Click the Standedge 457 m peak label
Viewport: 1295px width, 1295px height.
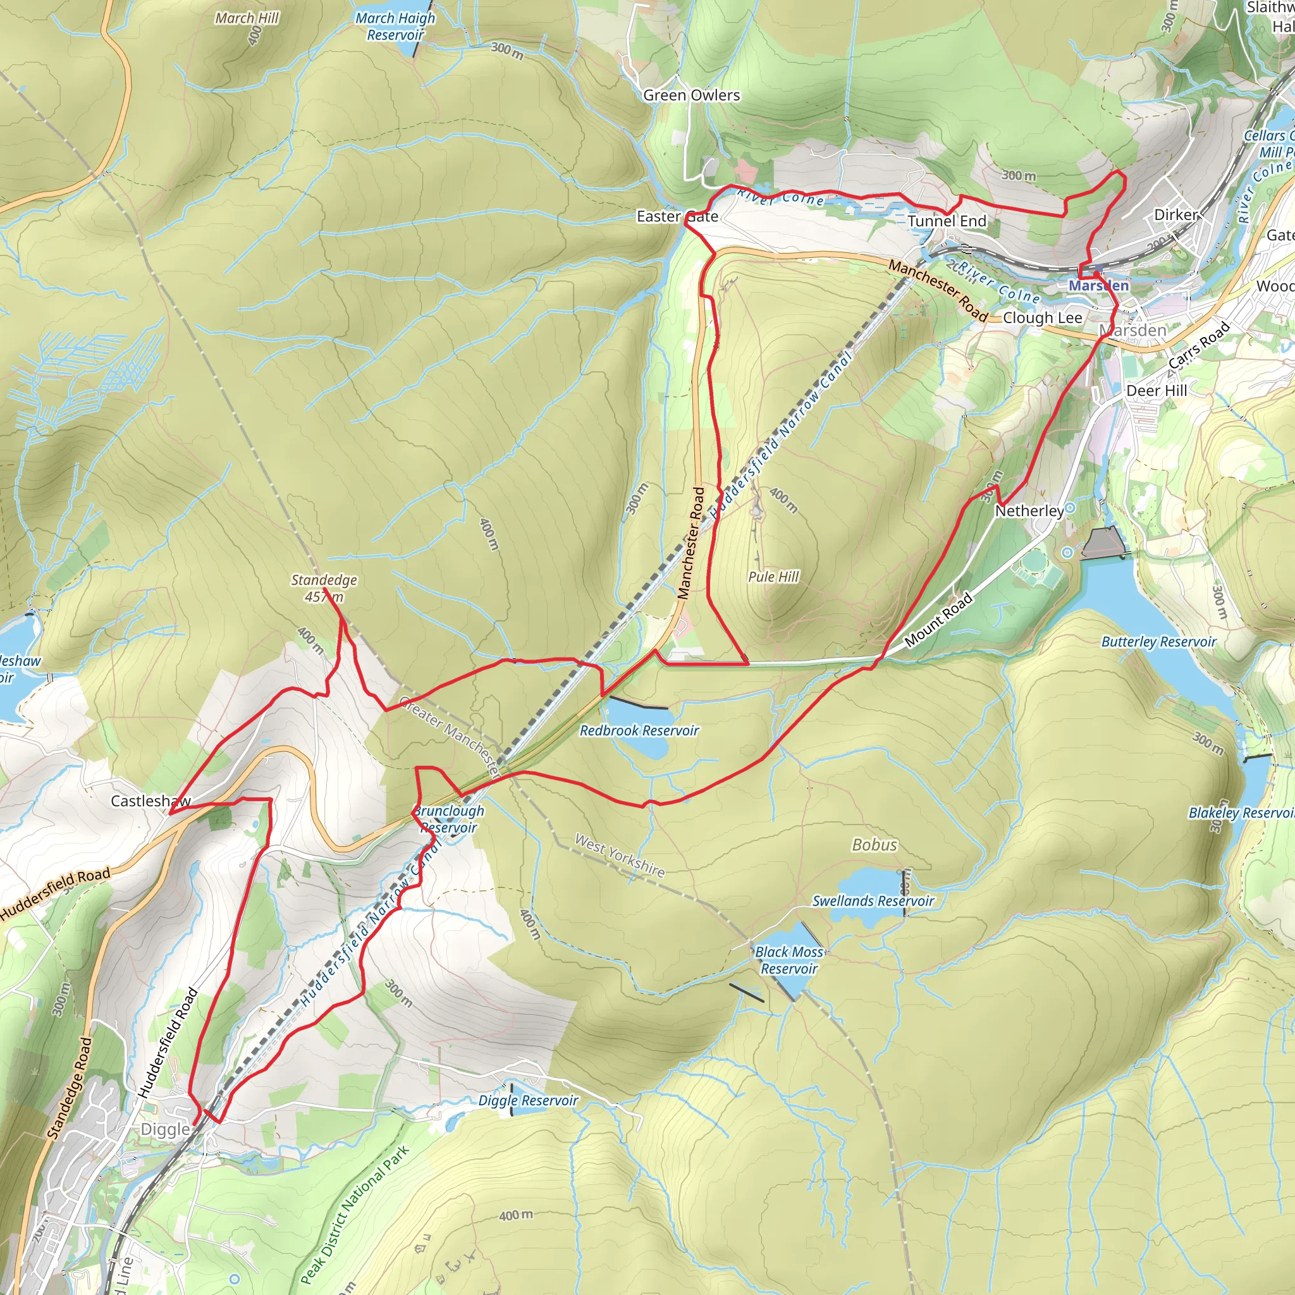[x=324, y=588]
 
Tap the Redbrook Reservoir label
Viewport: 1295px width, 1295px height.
[x=639, y=730]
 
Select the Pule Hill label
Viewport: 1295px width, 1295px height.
[x=773, y=577]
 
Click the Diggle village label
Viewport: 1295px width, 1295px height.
[x=165, y=1129]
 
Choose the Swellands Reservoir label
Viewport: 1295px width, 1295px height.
[x=873, y=901]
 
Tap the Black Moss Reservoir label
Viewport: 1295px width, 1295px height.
[x=789, y=960]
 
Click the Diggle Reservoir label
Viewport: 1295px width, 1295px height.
[x=527, y=1101]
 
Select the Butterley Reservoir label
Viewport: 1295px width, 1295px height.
[x=1158, y=641]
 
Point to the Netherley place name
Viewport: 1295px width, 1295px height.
[x=1029, y=511]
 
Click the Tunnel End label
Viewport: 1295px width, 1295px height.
[x=947, y=221]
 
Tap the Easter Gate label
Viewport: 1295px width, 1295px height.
[x=677, y=216]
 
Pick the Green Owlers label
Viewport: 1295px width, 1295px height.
[x=691, y=95]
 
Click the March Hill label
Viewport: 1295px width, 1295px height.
[x=247, y=18]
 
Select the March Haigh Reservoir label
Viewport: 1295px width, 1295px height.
[x=395, y=26]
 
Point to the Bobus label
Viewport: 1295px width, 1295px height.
[x=874, y=845]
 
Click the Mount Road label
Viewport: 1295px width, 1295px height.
[x=938, y=620]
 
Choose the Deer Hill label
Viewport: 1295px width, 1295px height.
[x=1157, y=391]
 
